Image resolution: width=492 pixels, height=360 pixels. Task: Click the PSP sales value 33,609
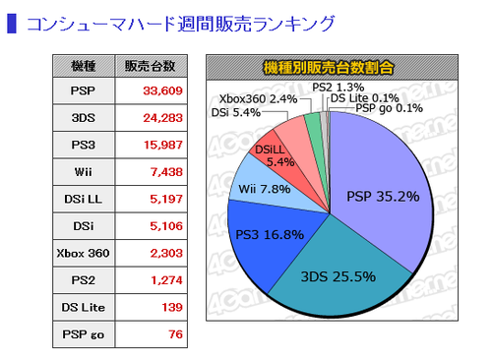162,90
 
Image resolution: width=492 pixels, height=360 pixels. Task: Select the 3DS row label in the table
84,118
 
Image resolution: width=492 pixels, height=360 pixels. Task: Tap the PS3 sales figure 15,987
163,145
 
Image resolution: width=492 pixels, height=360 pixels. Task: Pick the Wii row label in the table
84,172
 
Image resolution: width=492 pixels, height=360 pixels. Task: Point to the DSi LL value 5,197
166,199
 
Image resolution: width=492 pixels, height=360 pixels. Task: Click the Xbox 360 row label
83,253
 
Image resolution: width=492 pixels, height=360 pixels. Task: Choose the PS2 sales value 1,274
166,280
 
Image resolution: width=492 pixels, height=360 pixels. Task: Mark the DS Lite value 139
172,307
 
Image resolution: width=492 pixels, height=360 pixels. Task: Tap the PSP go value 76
175,334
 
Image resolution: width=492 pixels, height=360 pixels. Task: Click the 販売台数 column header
151,66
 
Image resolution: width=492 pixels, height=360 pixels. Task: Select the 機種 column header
84,66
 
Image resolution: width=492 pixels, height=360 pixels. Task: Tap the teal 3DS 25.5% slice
338,277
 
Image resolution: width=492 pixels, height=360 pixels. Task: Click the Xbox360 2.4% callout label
258,99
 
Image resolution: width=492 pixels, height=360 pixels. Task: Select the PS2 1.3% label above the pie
338,88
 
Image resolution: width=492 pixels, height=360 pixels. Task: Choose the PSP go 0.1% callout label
390,108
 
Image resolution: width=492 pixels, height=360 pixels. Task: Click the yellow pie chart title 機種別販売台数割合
329,68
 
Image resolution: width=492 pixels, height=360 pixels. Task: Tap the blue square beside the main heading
12,24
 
